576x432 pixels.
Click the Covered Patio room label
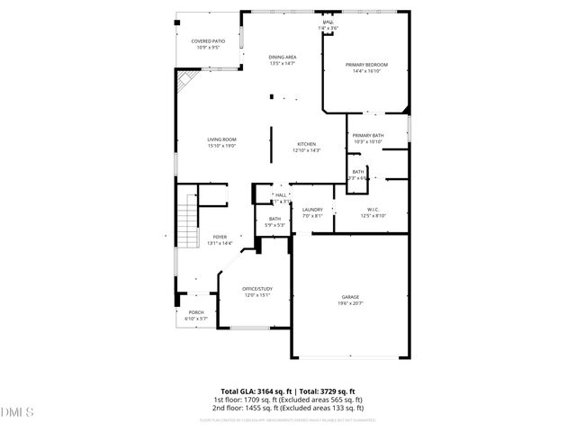click(208, 41)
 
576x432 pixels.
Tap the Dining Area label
click(283, 57)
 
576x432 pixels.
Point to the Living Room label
click(221, 139)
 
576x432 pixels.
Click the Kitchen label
click(307, 144)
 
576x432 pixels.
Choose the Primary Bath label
click(368, 135)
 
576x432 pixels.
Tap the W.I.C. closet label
click(373, 209)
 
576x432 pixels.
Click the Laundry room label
click(312, 210)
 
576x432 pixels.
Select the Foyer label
click(220, 237)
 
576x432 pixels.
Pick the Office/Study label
click(257, 288)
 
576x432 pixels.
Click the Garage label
click(350, 296)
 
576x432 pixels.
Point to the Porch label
click(196, 312)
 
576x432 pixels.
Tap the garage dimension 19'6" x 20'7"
click(350, 303)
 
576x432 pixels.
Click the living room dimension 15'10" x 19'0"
click(221, 145)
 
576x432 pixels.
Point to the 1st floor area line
click(288, 399)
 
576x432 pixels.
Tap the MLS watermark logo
click(15, 412)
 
